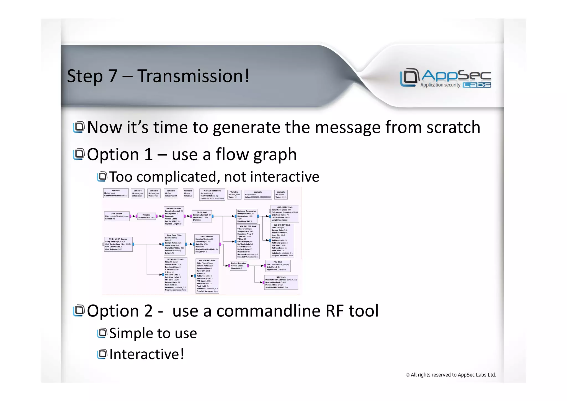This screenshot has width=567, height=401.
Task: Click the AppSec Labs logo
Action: [x=445, y=78]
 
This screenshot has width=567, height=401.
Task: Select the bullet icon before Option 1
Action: [x=79, y=154]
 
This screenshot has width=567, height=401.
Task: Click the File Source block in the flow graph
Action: [x=117, y=216]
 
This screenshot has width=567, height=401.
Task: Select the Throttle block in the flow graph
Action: [x=146, y=216]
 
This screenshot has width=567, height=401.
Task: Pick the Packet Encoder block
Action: [x=174, y=216]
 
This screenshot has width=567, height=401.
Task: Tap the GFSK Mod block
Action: [x=202, y=216]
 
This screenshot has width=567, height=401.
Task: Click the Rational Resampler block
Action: [x=247, y=216]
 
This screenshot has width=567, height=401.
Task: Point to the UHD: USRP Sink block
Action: [x=284, y=213]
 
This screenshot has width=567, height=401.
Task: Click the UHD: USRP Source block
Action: [x=118, y=244]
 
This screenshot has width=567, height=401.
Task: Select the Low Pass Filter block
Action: [x=174, y=244]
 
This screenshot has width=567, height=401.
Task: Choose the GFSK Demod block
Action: [x=207, y=244]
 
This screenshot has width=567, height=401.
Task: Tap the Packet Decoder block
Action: [x=238, y=266]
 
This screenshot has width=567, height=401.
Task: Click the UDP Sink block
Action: [x=281, y=282]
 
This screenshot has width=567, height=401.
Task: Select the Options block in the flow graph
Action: [x=116, y=193]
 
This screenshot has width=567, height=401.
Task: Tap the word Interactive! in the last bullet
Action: [x=147, y=354]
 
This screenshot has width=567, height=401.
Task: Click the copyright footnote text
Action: [x=450, y=375]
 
